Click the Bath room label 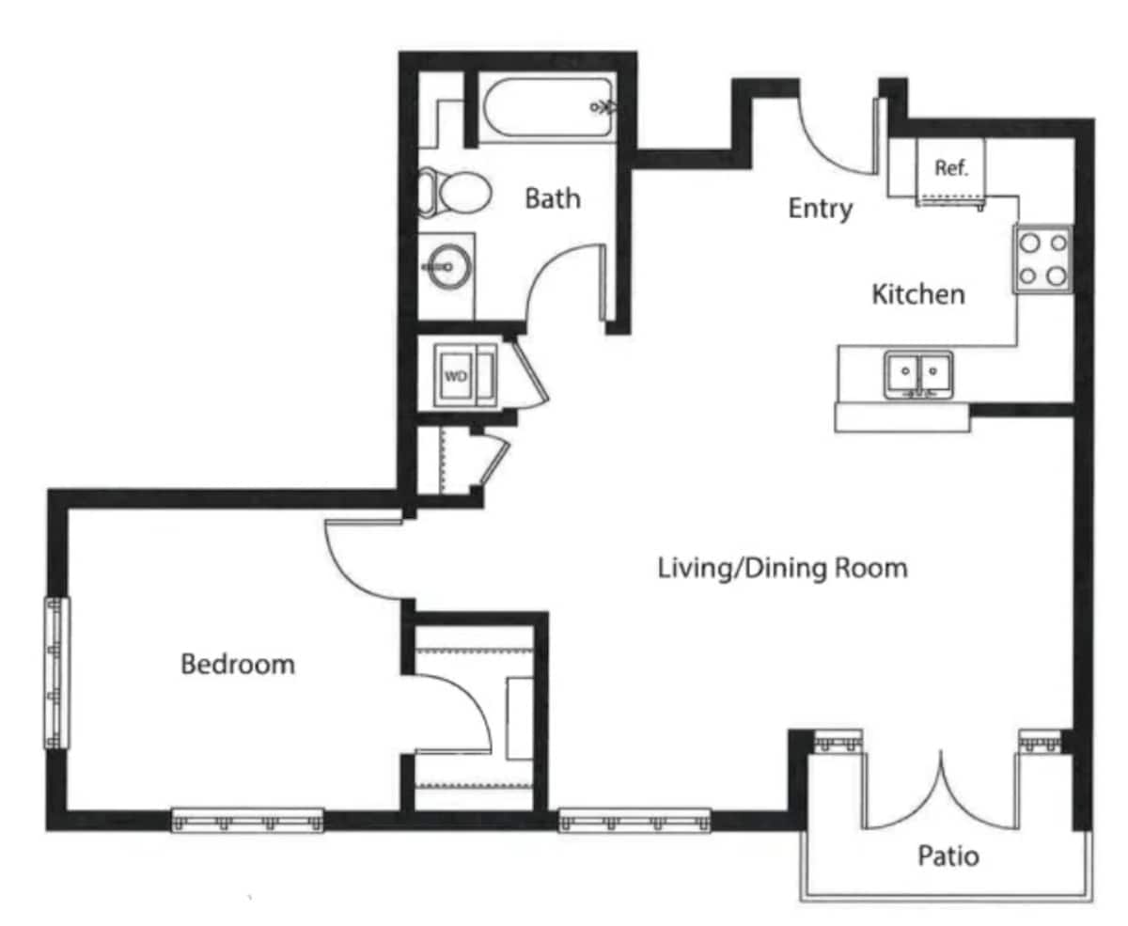(552, 198)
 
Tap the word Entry (820, 208)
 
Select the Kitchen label (917, 294)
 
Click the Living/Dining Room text (782, 568)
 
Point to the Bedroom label (237, 665)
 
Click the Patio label (948, 856)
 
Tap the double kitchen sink (917, 374)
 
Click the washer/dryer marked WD (457, 375)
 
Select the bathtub (548, 108)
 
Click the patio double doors (940, 794)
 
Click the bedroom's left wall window (57, 672)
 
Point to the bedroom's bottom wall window (247, 820)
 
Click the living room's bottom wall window (634, 820)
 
